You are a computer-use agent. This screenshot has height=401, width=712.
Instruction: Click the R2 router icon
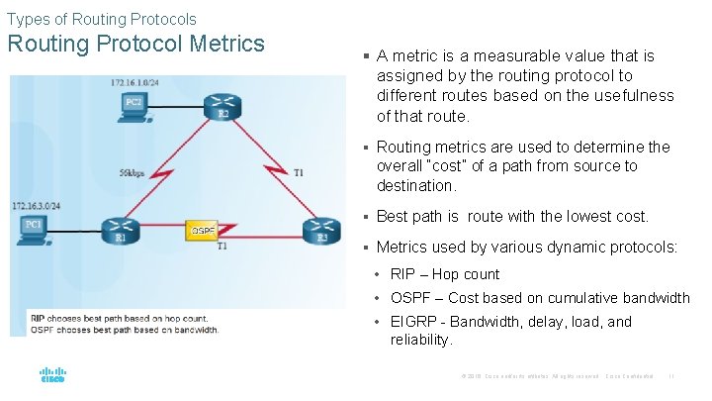[x=222, y=104]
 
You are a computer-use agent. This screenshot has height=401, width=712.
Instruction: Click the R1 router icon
[x=121, y=228]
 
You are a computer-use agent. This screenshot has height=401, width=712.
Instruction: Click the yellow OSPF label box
[x=203, y=231]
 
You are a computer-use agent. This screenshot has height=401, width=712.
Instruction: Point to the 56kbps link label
[x=132, y=172]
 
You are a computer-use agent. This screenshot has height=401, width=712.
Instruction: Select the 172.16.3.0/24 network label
[x=37, y=206]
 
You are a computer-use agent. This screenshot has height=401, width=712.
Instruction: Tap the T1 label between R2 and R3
[x=299, y=171]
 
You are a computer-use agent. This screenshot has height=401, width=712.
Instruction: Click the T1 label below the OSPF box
[x=222, y=246]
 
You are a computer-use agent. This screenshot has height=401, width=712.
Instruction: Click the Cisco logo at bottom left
[x=52, y=376]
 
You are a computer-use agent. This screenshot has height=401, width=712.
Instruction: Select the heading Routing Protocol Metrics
[x=135, y=45]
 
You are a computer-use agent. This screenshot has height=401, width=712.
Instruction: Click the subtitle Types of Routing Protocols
[x=101, y=19]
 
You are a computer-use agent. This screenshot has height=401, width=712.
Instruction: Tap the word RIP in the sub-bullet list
[x=402, y=274]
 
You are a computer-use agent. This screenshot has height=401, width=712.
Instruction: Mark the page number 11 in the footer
[x=671, y=376]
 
